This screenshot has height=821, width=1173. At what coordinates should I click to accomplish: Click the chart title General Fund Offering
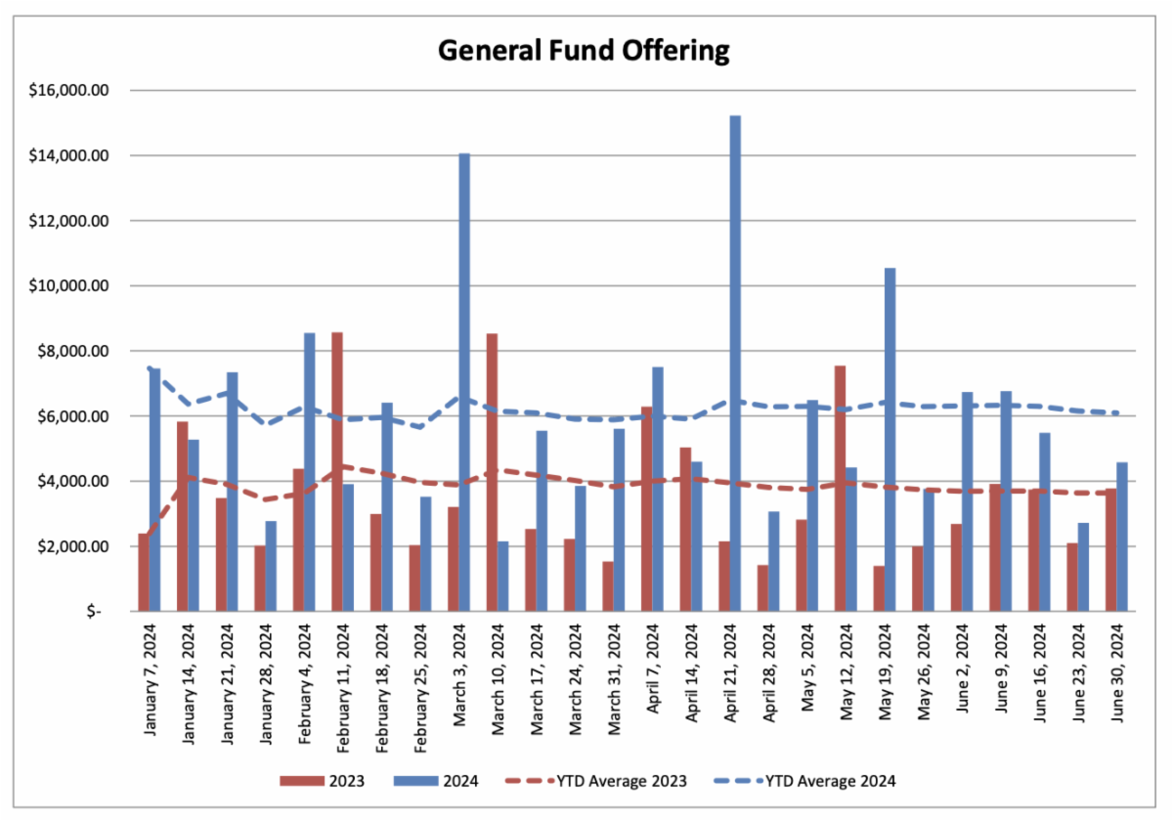click(x=583, y=50)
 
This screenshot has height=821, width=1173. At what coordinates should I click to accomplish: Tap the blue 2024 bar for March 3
click(x=464, y=382)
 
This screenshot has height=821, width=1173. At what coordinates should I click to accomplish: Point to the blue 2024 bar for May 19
click(x=890, y=440)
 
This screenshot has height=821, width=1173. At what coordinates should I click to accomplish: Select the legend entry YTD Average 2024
click(x=831, y=780)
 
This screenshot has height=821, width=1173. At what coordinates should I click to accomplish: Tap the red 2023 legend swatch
click(x=302, y=780)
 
